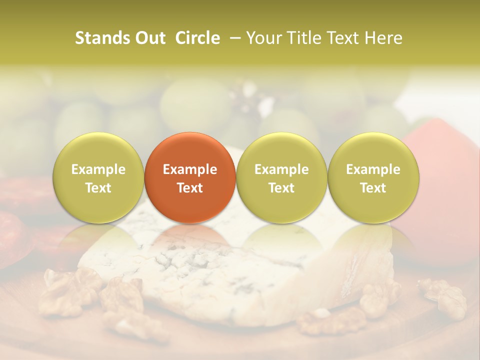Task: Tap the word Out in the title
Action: pos(149,38)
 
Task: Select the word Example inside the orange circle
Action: pos(190,169)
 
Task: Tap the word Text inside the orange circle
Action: pos(190,188)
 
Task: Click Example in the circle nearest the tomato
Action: pos(373,169)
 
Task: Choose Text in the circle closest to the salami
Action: pos(98,188)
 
